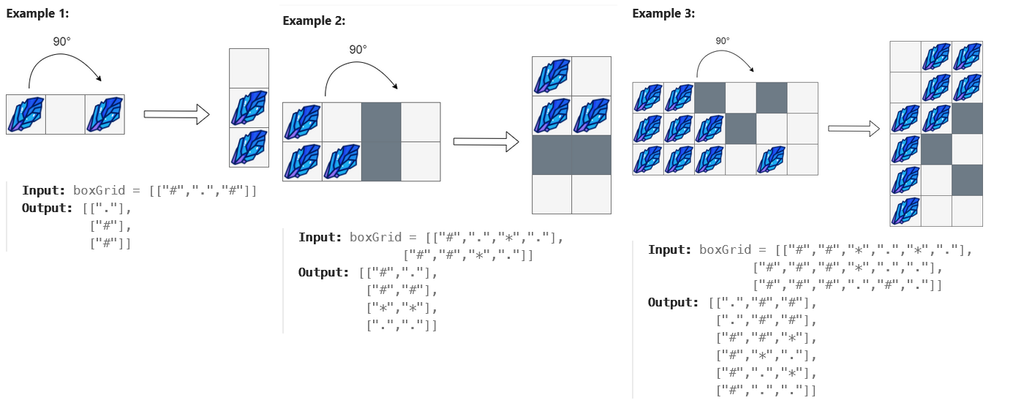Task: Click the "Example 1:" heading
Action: coord(37,14)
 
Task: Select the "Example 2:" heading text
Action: coord(314,20)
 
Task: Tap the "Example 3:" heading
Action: coord(663,13)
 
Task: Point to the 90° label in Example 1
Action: coord(62,42)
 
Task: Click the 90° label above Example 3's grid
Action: coord(722,41)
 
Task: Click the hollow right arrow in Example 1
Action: coord(176,114)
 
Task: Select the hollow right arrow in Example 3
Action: coord(853,129)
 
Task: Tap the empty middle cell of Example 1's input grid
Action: coord(66,115)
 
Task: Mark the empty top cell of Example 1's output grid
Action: coord(249,68)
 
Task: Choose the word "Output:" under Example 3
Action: coord(674,302)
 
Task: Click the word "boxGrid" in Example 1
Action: coord(98,191)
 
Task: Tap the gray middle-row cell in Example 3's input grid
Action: coord(741,129)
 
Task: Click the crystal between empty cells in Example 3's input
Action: coord(772,159)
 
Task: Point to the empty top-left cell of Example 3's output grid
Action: coord(905,57)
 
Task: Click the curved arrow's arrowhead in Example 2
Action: coord(395,86)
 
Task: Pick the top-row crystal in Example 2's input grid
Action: coord(302,122)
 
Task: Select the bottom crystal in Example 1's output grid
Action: coord(249,148)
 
